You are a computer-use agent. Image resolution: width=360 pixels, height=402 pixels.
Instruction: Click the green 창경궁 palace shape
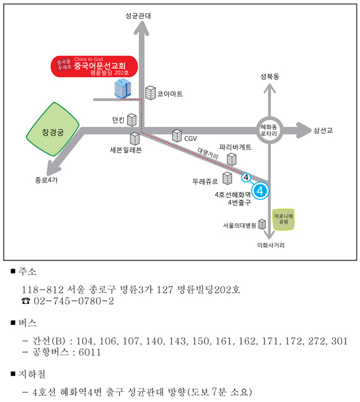(x=53, y=130)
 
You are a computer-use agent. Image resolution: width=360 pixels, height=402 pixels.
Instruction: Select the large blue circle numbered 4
(x=260, y=190)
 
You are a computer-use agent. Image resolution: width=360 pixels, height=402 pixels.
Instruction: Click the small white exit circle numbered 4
(x=246, y=178)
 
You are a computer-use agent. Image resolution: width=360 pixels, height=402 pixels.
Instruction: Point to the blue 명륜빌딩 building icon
(x=123, y=88)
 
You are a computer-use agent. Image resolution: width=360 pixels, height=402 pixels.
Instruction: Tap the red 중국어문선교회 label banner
(x=94, y=66)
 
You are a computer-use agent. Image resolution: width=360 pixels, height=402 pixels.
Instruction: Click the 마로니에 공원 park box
(x=283, y=219)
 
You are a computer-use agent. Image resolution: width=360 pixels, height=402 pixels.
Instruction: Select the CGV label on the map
(x=190, y=138)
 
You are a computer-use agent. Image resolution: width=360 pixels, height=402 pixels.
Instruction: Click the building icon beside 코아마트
(x=150, y=92)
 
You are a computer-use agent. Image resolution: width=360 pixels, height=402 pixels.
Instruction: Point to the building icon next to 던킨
(x=132, y=119)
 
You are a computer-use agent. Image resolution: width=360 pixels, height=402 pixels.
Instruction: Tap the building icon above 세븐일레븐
(x=135, y=138)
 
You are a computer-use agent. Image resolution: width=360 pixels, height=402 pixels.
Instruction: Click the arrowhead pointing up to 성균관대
(x=141, y=28)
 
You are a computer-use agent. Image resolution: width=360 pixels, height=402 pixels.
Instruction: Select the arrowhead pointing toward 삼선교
(x=303, y=130)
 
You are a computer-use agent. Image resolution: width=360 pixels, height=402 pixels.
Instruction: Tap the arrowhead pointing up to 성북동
(x=270, y=88)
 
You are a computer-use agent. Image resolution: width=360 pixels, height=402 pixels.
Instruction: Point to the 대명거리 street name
(x=208, y=154)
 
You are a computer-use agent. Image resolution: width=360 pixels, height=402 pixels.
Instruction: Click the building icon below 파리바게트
(x=232, y=159)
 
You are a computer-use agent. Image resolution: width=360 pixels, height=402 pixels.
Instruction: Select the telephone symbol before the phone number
(x=26, y=301)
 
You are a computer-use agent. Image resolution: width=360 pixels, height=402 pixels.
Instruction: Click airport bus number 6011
(x=90, y=352)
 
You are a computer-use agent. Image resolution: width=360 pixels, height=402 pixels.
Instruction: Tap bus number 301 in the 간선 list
(x=339, y=341)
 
